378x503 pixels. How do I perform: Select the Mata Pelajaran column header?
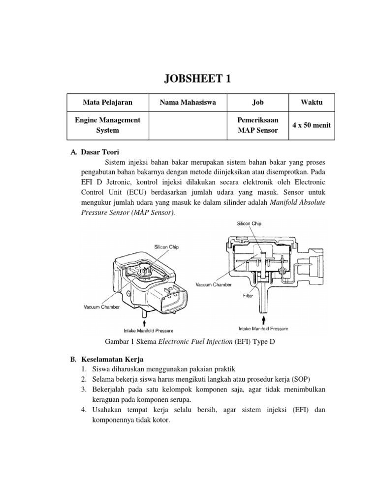point(107,102)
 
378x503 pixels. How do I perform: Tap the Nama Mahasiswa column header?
point(187,102)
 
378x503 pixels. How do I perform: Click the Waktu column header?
point(311,102)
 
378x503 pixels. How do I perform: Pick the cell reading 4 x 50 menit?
point(311,125)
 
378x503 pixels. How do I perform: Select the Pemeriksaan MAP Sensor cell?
point(258,125)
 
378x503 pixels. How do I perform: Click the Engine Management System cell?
point(107,125)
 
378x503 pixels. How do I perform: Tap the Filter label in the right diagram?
point(248,296)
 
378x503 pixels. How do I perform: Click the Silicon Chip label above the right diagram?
point(249,224)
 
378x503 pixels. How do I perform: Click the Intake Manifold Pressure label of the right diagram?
point(263,328)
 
